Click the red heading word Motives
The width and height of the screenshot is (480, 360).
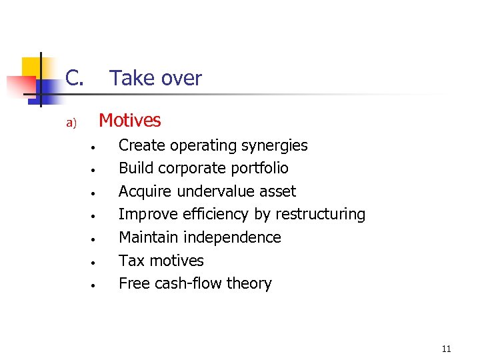pos(129,120)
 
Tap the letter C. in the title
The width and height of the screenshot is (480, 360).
pos(74,79)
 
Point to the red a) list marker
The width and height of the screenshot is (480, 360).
pos(71,123)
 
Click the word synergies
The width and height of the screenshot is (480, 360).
pos(273,145)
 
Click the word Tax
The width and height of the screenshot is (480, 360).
pos(131,261)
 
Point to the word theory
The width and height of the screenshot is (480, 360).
pos(249,283)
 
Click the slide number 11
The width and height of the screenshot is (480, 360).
pos(446,349)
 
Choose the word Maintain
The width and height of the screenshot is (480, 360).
pos(148,237)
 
